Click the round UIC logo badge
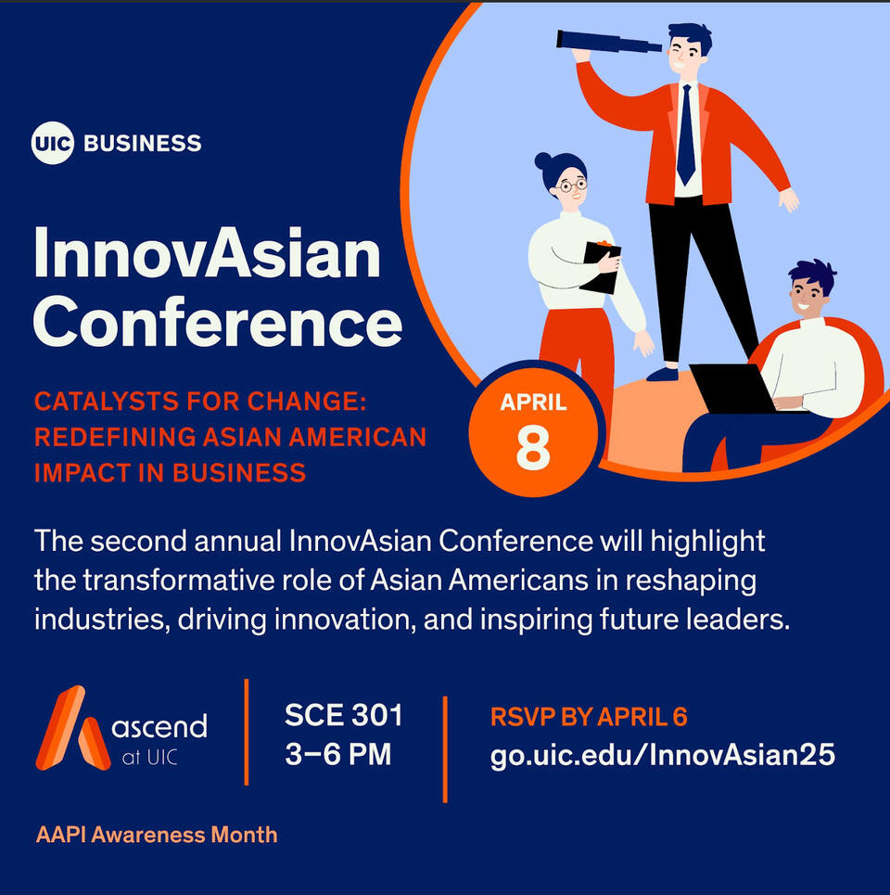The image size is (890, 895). tap(53, 143)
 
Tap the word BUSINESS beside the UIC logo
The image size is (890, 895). tap(143, 143)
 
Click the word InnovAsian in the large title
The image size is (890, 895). tap(207, 252)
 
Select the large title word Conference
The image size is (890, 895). tap(218, 322)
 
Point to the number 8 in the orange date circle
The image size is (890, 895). tap(533, 447)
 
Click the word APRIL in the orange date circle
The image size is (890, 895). tap(533, 403)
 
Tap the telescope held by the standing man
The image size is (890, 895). tap(609, 41)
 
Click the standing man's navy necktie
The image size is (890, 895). tap(686, 134)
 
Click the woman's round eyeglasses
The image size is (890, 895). tap(572, 185)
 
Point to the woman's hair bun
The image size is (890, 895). tap(542, 160)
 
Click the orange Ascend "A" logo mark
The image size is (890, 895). tap(72, 728)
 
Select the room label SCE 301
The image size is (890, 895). tap(343, 715)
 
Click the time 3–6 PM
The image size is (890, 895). tap(338, 753)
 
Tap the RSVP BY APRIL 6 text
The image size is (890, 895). tap(589, 716)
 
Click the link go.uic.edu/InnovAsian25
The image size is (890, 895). tap(663, 755)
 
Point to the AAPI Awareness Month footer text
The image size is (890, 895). tap(157, 835)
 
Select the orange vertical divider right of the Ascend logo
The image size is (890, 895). tap(247, 733)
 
